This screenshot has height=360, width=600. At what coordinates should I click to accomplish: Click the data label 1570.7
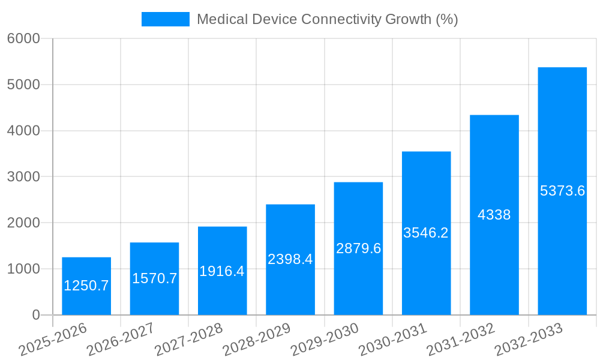pos(154,278)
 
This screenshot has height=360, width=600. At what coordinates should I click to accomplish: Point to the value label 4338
pos(494,215)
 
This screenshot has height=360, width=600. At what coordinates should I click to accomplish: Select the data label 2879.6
pos(358,248)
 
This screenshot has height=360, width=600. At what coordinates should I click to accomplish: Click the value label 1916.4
pos(222,271)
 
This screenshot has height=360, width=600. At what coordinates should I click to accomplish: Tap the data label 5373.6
pos(562,191)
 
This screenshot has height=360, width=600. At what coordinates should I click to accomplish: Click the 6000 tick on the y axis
pos(23,38)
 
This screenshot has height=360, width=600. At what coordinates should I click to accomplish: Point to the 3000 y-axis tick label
pos(23,177)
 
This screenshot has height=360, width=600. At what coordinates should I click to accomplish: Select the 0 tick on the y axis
pos(35,315)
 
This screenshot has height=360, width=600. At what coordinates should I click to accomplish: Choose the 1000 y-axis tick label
pos(23,269)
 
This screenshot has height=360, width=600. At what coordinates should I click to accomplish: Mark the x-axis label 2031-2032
pos(461,340)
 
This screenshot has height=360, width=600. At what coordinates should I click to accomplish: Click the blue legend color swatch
pos(165,19)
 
